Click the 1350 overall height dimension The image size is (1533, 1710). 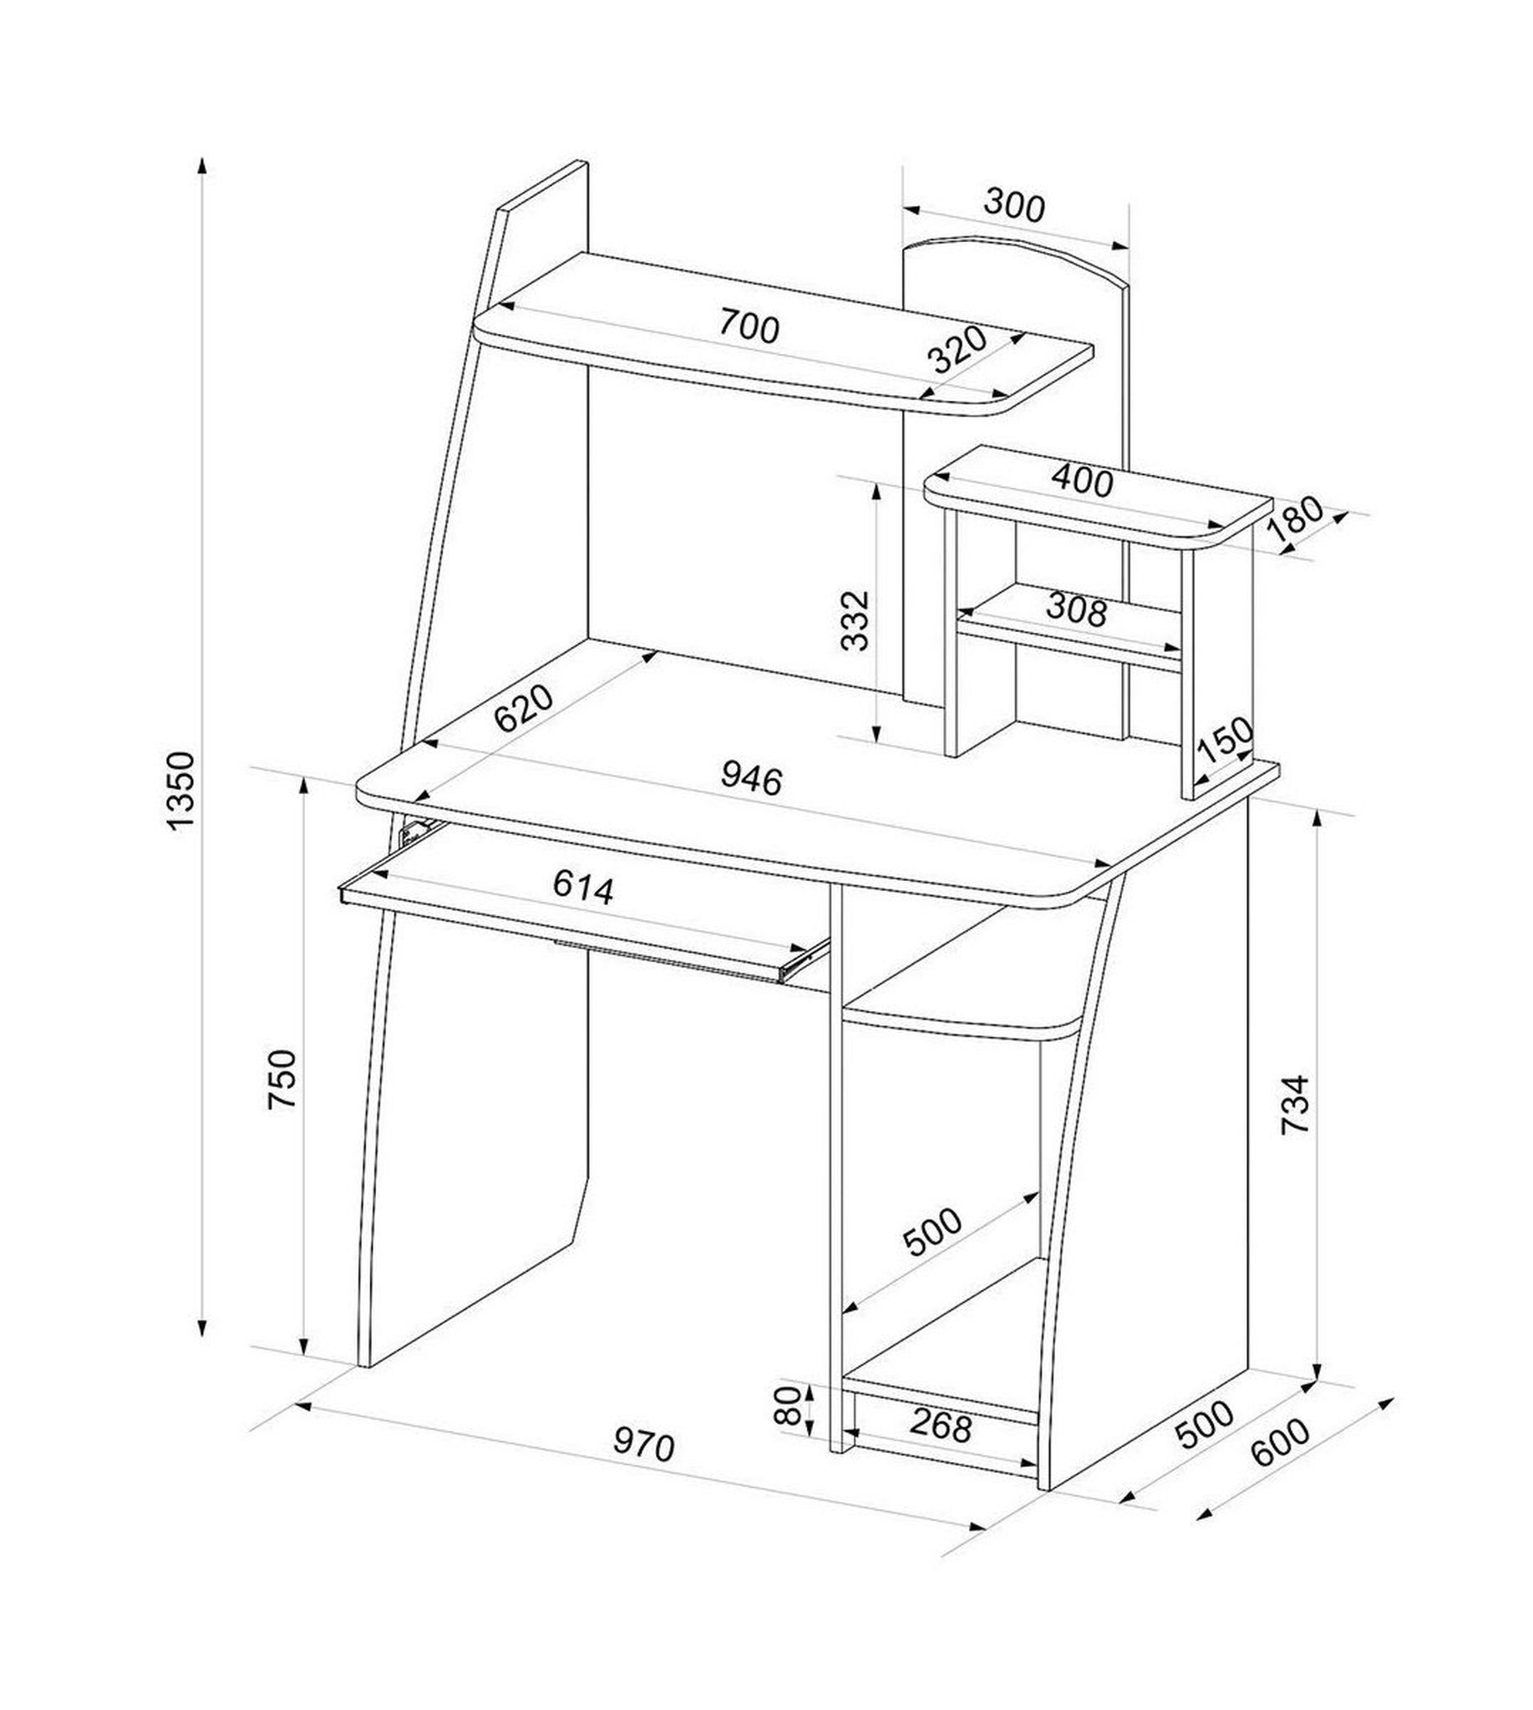point(182,792)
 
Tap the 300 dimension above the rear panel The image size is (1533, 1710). point(1014,206)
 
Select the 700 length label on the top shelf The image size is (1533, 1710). point(749,326)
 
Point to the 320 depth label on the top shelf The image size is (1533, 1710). point(957,349)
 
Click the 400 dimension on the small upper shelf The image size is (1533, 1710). point(1083,481)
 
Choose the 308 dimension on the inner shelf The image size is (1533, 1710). point(1076,609)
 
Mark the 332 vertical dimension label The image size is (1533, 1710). point(855,620)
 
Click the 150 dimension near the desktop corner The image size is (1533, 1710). point(1225,740)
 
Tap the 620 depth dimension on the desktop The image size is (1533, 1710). point(524,708)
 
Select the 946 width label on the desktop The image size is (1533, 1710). point(751,780)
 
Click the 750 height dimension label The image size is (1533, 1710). point(282,1080)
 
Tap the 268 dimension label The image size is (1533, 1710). point(941,1424)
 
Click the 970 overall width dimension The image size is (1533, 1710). point(643,1445)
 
